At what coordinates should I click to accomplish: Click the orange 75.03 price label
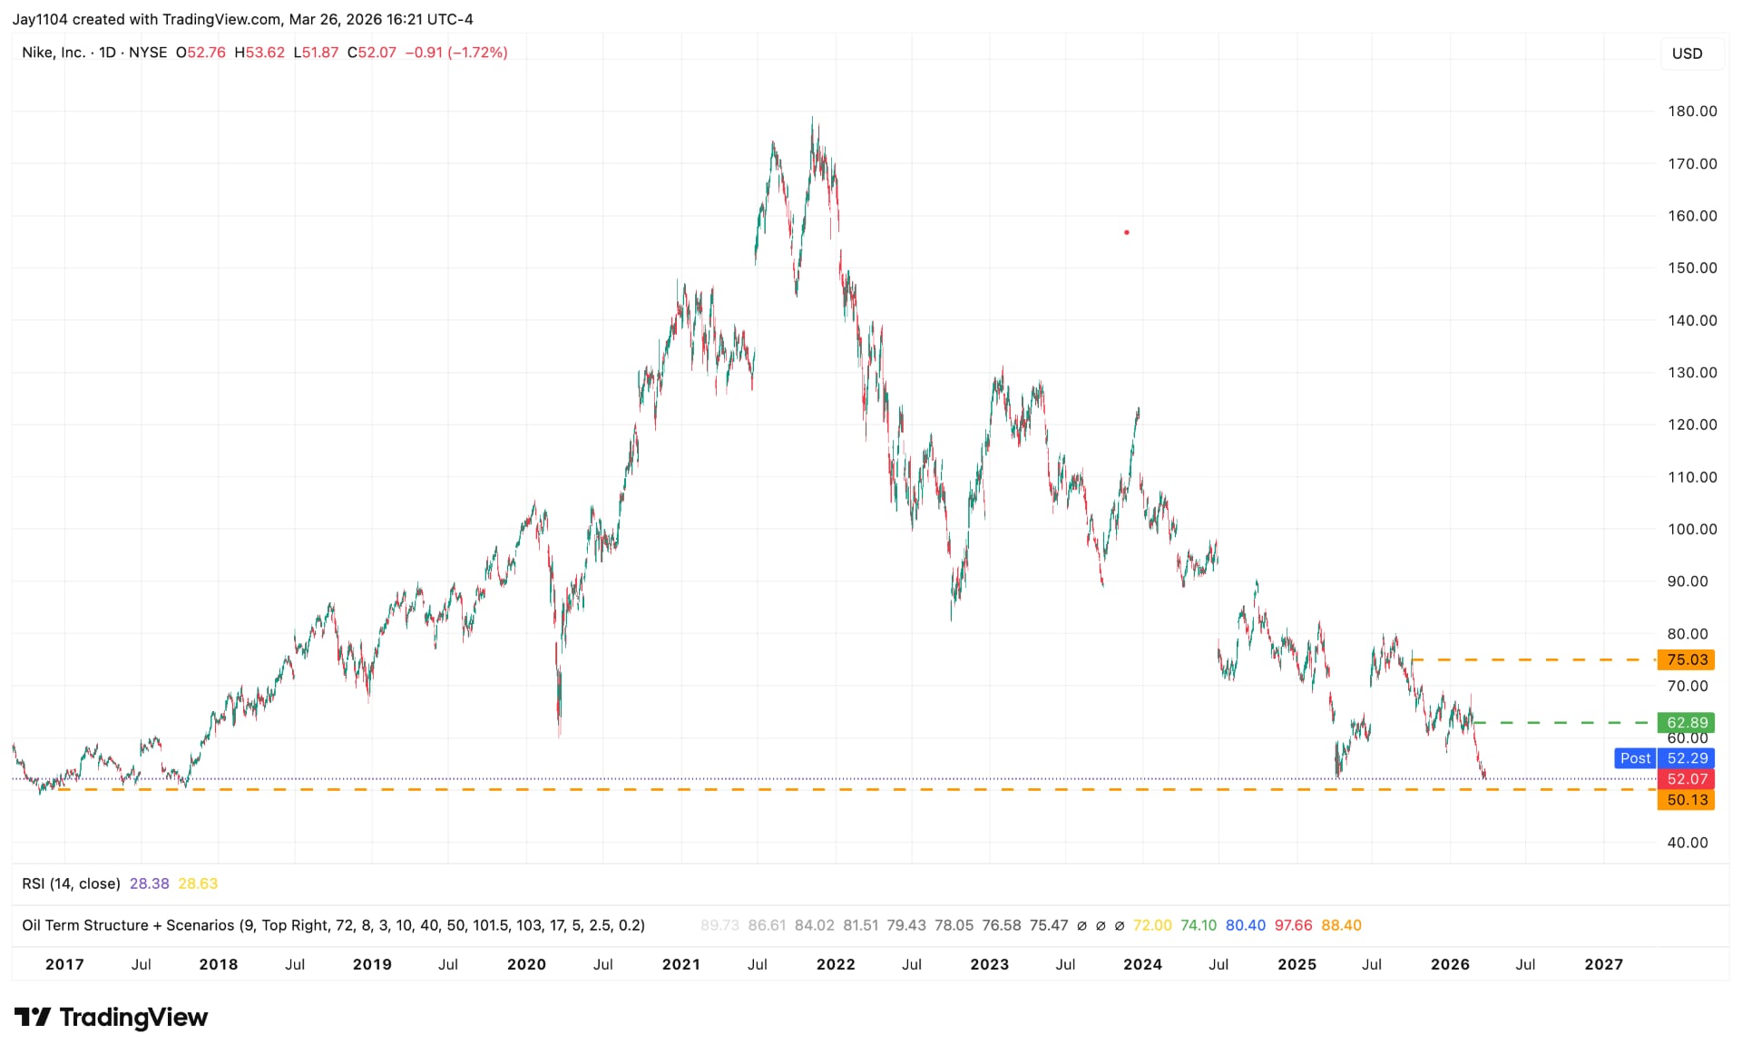point(1686,659)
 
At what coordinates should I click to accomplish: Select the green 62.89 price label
point(1686,723)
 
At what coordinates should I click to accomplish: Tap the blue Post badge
point(1635,758)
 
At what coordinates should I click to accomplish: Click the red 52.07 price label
point(1686,779)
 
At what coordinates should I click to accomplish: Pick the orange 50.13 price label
point(1686,800)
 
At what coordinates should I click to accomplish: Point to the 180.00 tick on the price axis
point(1692,112)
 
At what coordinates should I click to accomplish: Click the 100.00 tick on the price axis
point(1692,529)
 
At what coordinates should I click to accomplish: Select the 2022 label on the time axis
point(836,964)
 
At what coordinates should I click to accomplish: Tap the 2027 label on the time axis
point(1603,964)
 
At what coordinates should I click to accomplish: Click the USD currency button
point(1687,54)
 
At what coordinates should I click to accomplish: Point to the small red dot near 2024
point(1127,233)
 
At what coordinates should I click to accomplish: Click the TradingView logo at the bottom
point(112,1018)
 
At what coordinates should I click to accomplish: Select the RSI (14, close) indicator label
point(71,883)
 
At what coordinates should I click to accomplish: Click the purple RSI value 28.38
point(149,883)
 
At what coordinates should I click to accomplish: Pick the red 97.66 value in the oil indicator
point(1293,925)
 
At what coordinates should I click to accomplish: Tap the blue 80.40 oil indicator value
point(1245,925)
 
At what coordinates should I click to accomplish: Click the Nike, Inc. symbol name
point(54,53)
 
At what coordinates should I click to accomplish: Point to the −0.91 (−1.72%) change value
point(455,53)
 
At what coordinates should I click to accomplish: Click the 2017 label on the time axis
point(64,964)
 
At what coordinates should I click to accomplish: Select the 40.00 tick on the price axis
point(1688,843)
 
